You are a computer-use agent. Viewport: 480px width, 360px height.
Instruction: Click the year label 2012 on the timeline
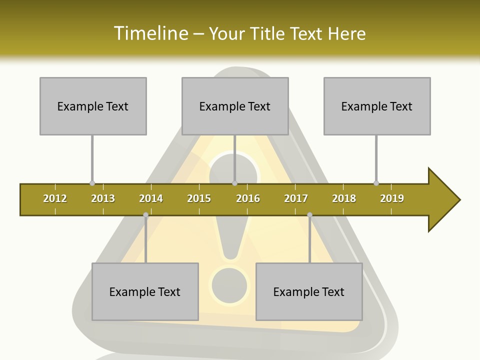tap(55, 198)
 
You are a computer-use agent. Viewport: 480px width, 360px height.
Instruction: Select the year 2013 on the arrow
tap(103, 198)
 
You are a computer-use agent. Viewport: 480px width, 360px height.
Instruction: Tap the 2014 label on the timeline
tap(151, 198)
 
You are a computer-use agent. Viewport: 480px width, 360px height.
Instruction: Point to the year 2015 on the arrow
tap(199, 198)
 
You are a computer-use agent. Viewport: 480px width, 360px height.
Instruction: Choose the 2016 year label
tap(248, 198)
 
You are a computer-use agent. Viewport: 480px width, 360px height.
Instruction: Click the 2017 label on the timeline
tap(296, 198)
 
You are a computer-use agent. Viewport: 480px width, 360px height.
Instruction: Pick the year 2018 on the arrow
tap(344, 198)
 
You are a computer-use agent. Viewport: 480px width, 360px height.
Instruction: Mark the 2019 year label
tap(392, 198)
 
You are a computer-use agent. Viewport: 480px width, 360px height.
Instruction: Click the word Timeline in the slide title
tap(150, 33)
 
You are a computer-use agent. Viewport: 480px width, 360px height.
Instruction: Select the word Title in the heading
tap(267, 33)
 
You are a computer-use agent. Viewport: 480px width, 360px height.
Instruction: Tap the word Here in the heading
tap(346, 33)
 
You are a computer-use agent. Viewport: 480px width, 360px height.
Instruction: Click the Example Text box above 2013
tap(93, 106)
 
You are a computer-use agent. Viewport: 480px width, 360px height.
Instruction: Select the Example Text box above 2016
tap(235, 106)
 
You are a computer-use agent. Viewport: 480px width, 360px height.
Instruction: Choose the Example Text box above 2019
tap(377, 106)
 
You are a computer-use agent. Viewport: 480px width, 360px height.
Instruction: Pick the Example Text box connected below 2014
tap(145, 291)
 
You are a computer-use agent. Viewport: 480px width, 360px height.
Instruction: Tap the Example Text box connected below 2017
tap(309, 291)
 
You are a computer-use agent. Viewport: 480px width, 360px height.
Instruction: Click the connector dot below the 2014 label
tap(146, 215)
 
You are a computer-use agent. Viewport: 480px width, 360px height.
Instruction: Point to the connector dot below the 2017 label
tap(310, 215)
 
